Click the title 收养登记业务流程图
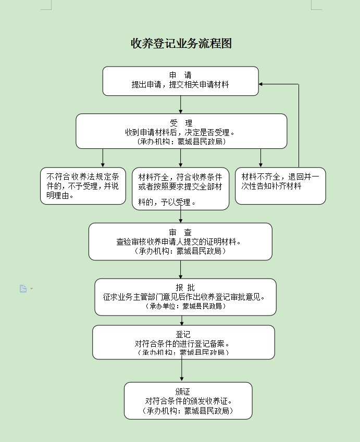click(x=181, y=44)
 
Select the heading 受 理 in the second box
click(x=181, y=123)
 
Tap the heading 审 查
click(x=180, y=232)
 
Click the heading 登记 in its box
click(x=183, y=334)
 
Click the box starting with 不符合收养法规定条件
click(x=83, y=186)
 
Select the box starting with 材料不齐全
click(x=280, y=186)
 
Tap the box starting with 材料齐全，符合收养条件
click(x=180, y=188)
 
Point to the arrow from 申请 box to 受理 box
click(x=180, y=105)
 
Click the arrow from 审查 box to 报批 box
click(x=180, y=269)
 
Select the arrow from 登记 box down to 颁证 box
click(x=182, y=370)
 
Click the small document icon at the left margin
click(x=23, y=288)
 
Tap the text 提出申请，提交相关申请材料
click(x=180, y=84)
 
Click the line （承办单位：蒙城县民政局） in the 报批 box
click(x=185, y=306)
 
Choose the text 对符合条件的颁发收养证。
click(x=188, y=401)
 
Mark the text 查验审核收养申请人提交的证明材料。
click(x=180, y=242)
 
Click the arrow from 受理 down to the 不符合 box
click(x=103, y=158)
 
